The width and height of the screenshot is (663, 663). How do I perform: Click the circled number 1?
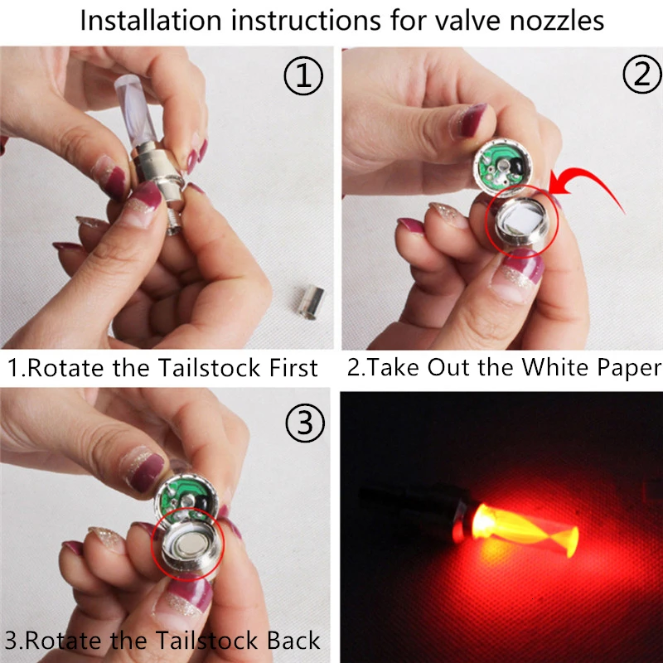pyautogui.click(x=302, y=78)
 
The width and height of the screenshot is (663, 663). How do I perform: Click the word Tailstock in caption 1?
pyautogui.click(x=199, y=367)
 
